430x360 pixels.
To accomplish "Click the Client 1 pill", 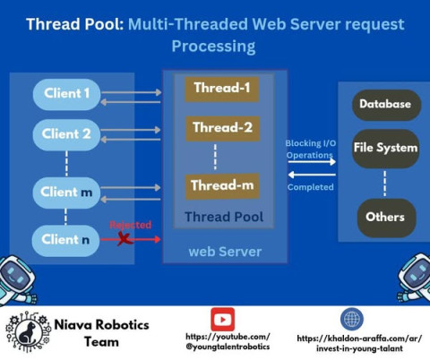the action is (x=66, y=94).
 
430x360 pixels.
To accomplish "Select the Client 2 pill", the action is (x=66, y=134).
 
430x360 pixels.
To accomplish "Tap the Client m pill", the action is (x=66, y=193).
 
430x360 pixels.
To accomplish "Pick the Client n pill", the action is (x=65, y=240).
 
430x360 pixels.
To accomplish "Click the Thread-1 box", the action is (x=222, y=90).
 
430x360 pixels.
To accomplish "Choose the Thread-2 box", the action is (x=223, y=129).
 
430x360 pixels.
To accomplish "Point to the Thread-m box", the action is (x=222, y=186).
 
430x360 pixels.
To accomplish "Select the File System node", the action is (x=386, y=149).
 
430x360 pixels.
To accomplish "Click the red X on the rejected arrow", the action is (x=125, y=239).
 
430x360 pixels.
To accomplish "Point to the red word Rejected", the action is (x=131, y=225).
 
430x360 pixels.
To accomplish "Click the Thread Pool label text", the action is (x=224, y=217).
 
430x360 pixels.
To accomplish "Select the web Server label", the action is (x=225, y=252).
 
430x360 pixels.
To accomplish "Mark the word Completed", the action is (x=311, y=187).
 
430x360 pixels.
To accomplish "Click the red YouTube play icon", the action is (x=222, y=320).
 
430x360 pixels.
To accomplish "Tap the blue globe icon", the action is (x=352, y=319).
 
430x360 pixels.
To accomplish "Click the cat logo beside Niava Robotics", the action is (x=28, y=332).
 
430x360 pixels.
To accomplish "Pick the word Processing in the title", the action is (x=213, y=47).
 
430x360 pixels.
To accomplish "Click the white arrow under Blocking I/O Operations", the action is (x=312, y=162).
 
